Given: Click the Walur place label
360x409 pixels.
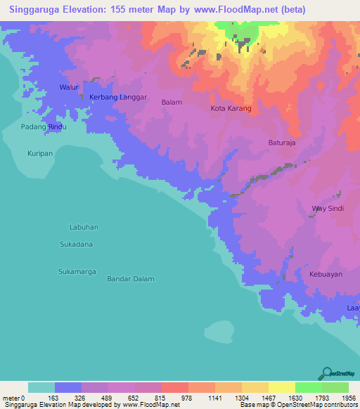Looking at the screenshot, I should (x=69, y=87).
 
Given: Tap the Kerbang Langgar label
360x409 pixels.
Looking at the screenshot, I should (x=118, y=97).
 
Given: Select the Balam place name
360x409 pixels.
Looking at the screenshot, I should (x=172, y=102).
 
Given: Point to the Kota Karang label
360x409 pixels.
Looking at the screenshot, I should (x=231, y=109).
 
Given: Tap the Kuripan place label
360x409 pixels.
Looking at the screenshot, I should (x=41, y=152).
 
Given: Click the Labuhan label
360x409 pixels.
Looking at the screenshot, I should (x=84, y=227).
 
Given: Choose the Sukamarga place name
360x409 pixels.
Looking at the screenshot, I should (x=77, y=271).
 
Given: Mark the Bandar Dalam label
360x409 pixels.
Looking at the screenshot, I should (x=131, y=279).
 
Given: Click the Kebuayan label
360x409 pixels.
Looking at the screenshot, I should (x=326, y=274).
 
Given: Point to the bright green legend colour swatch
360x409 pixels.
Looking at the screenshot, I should (x=308, y=387).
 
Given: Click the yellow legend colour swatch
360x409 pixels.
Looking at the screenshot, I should (x=281, y=387).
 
